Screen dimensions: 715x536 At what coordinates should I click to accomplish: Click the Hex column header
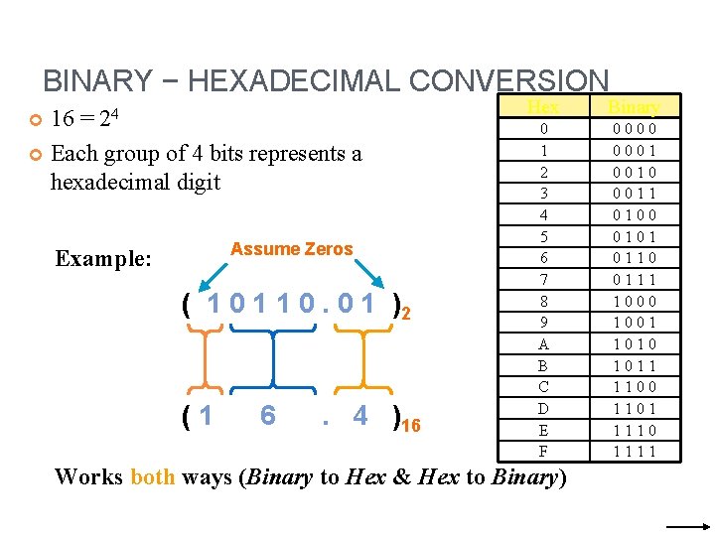[x=543, y=107]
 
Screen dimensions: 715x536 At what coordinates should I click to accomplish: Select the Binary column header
[x=634, y=107]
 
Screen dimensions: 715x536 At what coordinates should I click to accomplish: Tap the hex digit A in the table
[x=543, y=343]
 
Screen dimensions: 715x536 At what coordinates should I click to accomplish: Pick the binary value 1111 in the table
[x=634, y=451]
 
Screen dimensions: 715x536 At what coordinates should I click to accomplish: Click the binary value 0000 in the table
[x=634, y=129]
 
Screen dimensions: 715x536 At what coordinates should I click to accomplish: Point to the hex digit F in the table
[x=543, y=451]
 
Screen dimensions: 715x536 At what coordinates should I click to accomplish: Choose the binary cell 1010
[x=634, y=343]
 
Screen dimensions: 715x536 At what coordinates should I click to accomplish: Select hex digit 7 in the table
[x=543, y=279]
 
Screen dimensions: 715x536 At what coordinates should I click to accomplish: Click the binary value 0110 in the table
[x=634, y=258]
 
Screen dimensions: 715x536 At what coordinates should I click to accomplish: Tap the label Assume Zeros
[x=292, y=249]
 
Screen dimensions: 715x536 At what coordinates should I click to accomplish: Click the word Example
[x=102, y=259]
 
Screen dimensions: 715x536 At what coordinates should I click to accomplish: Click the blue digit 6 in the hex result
[x=267, y=416]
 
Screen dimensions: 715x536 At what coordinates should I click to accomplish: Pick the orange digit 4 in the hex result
[x=360, y=416]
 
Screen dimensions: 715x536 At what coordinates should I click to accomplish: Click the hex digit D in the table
[x=543, y=408]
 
